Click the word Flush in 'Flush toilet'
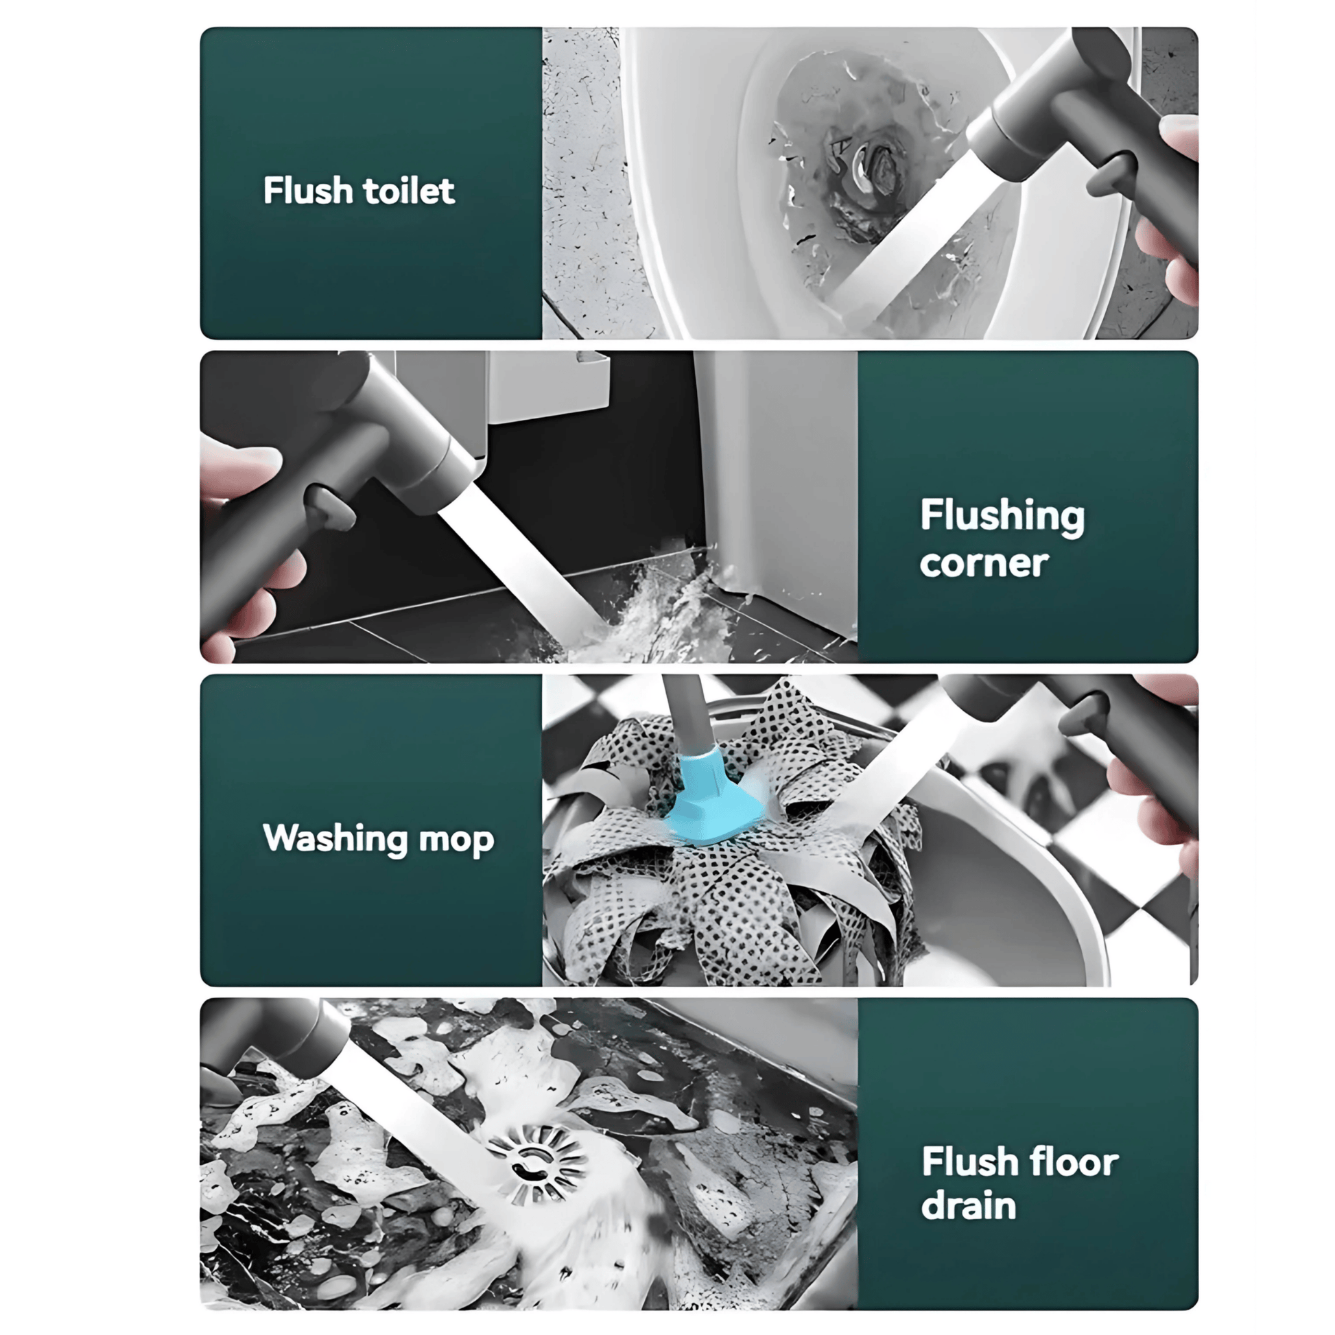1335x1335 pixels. click(307, 190)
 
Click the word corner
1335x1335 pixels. click(983, 563)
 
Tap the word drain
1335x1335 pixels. click(968, 1207)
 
